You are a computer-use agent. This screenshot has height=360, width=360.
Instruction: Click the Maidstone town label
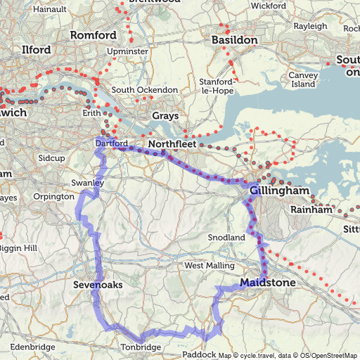click(x=268, y=283)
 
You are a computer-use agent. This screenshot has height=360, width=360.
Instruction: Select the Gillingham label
click(x=278, y=190)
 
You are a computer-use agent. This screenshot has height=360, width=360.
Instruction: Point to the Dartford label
click(x=110, y=143)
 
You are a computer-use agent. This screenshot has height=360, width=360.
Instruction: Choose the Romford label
click(x=93, y=35)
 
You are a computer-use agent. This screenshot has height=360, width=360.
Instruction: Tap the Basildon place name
click(x=234, y=40)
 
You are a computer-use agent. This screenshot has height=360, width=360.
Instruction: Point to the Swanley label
click(x=88, y=183)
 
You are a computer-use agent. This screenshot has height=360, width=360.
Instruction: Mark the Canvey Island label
click(x=303, y=79)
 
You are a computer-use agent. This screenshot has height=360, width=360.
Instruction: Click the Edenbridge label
click(x=32, y=347)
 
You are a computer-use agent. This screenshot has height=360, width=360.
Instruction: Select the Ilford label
click(x=37, y=50)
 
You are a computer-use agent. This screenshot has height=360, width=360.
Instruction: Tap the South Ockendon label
click(x=144, y=90)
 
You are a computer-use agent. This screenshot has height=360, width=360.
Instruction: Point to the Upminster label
click(x=127, y=51)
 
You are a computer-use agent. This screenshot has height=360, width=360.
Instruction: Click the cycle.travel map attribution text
click(x=253, y=355)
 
